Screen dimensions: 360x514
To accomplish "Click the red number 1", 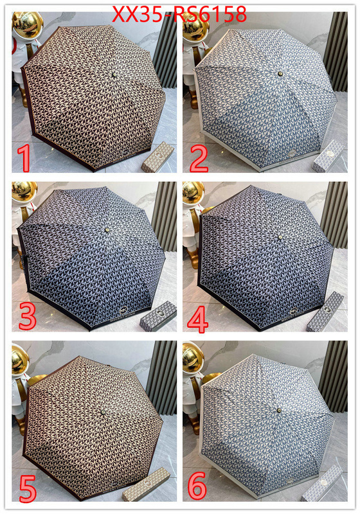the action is point(23,159).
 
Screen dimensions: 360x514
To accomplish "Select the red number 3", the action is point(28,317).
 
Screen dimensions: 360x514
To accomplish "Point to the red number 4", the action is point(198,319).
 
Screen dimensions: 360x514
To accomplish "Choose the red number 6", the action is point(198,485).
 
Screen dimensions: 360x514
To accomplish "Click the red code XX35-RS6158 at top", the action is point(179,13).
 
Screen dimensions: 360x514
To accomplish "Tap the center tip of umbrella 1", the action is point(114,75).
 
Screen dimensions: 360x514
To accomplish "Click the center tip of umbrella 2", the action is point(280,74).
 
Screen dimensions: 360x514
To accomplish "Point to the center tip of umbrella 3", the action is point(107,230).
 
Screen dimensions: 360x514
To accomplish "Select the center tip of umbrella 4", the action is point(280,236).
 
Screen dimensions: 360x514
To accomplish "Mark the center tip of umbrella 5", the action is point(103,412).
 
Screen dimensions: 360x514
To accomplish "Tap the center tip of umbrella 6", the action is point(280,410).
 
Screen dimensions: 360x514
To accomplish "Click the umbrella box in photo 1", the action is point(157,157).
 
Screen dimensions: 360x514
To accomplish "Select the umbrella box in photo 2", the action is point(328,156).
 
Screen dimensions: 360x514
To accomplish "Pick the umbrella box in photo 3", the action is point(158,316).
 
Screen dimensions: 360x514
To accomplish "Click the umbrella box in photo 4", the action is point(325,312).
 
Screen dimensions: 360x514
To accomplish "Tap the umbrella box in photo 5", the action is point(146,484).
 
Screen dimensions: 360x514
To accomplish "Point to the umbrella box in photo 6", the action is point(322,483).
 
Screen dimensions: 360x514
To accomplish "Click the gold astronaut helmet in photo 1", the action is point(28,24).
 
